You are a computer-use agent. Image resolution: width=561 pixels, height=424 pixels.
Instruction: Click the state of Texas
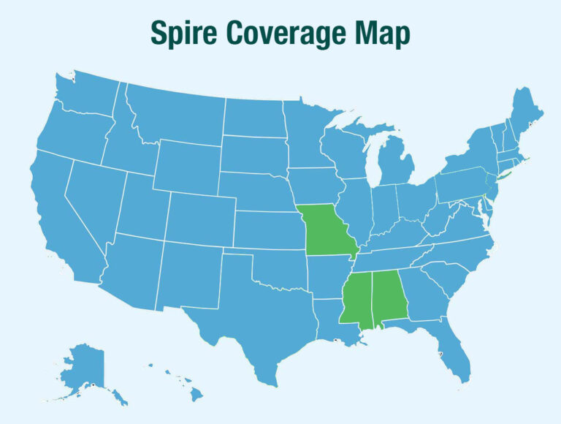coord(252,314)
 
